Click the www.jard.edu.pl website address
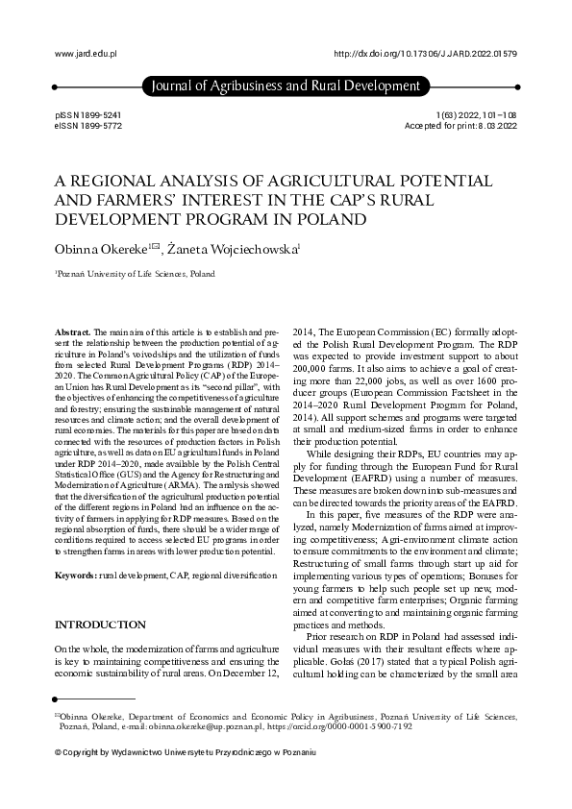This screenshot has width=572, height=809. [86, 55]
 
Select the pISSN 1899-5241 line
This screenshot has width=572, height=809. [88, 114]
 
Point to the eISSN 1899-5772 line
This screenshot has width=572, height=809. [88, 126]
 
